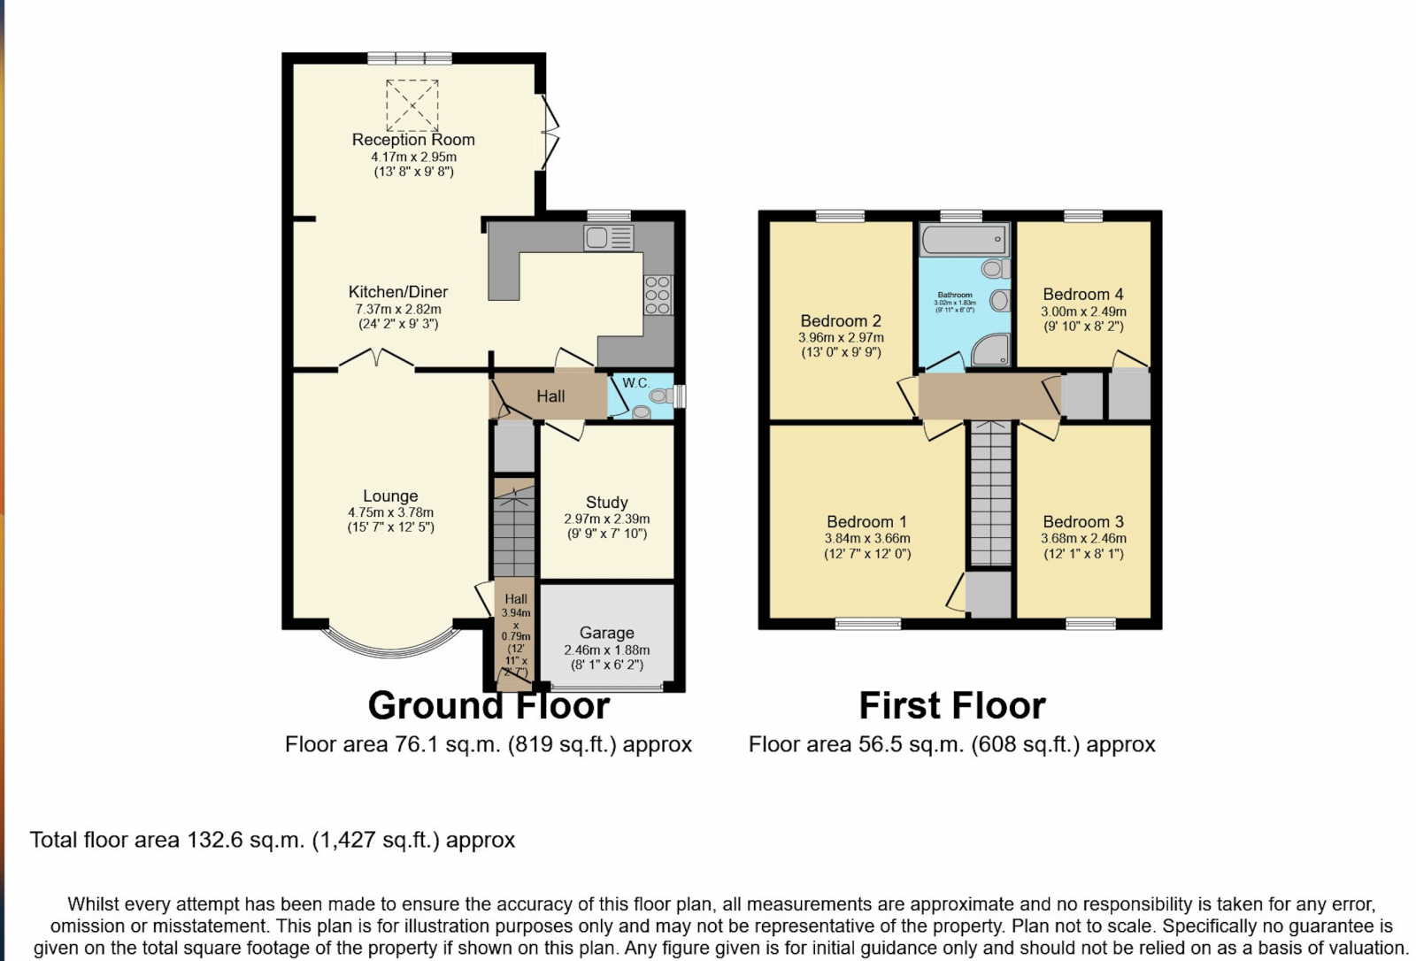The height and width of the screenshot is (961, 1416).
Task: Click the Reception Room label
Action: point(413,140)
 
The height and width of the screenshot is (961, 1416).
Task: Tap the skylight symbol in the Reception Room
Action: point(412,105)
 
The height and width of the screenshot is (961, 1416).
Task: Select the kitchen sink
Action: point(608,237)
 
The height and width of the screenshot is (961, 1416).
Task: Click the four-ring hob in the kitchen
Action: point(658,296)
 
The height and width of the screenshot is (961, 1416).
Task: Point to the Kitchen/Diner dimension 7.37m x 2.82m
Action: point(398,310)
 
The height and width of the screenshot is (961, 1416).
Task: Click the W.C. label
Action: point(635,383)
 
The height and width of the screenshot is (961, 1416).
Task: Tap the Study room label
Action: point(607,502)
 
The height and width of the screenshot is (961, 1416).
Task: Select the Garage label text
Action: point(607,633)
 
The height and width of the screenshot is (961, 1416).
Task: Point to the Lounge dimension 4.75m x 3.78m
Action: point(390,512)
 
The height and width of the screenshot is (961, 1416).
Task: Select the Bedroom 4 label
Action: point(1083,294)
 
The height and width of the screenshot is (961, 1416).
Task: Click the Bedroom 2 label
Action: point(841,320)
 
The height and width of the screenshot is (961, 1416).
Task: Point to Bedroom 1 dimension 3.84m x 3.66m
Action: point(867,538)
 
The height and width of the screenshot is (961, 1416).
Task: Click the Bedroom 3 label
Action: point(1083,522)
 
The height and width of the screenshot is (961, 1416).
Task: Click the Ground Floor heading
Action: point(489,706)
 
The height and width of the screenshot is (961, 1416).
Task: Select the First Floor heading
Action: point(952,706)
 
